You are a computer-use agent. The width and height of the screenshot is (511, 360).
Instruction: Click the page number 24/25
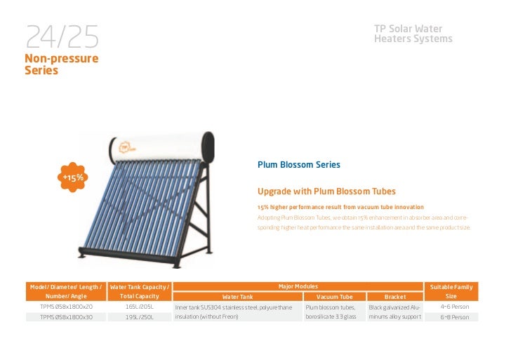click(x=62, y=36)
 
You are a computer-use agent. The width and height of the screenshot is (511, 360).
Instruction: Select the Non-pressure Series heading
click(x=61, y=65)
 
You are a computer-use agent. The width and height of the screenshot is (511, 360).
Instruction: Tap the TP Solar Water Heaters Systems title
click(x=413, y=34)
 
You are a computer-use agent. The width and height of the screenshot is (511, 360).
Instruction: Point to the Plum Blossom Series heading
click(x=298, y=165)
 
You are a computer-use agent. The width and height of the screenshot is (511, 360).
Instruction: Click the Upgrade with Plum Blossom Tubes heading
click(x=326, y=192)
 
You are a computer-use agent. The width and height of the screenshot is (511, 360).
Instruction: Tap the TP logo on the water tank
click(x=126, y=147)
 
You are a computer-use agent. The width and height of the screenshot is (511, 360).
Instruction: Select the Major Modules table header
click(x=298, y=286)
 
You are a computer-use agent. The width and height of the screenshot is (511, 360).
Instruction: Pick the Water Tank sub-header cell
click(x=237, y=297)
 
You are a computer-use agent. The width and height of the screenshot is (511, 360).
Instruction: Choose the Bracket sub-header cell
click(x=394, y=297)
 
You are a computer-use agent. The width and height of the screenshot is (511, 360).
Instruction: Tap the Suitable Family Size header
click(x=451, y=291)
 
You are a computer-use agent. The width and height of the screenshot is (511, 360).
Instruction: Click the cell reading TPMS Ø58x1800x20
click(x=66, y=307)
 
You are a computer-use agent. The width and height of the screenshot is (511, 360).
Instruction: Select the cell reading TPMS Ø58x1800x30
click(x=66, y=317)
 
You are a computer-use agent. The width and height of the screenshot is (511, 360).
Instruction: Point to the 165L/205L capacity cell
click(x=139, y=307)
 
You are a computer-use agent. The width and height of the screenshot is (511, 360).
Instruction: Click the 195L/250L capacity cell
click(x=139, y=317)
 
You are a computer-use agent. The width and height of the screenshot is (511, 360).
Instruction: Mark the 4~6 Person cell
click(x=454, y=307)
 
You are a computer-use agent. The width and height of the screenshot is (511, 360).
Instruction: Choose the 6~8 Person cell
click(x=454, y=317)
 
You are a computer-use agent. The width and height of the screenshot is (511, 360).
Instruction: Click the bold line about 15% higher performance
click(x=340, y=207)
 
